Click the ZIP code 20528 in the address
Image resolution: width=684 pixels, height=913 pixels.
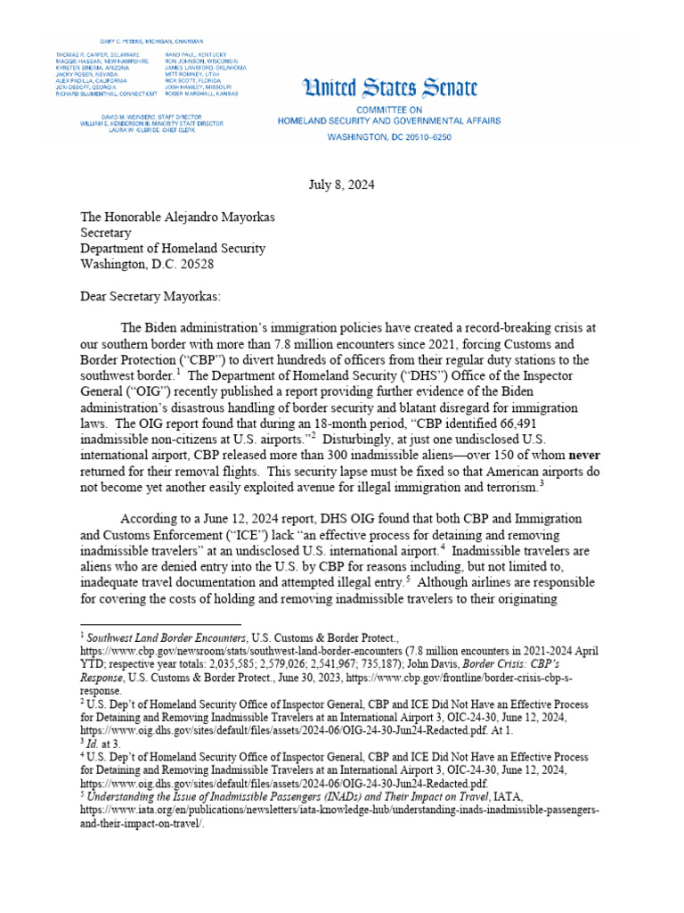click(x=195, y=265)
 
